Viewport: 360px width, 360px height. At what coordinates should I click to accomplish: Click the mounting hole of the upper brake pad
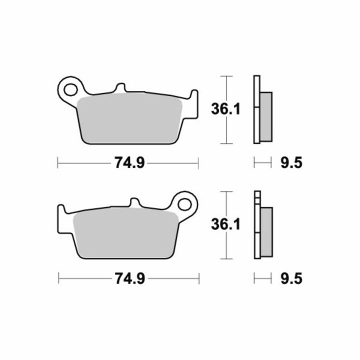[70, 90]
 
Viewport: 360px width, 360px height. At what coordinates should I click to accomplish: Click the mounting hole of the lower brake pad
[184, 204]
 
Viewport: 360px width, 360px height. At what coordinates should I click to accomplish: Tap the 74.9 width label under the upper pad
[129, 163]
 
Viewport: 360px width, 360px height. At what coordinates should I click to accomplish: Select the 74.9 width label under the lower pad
[130, 278]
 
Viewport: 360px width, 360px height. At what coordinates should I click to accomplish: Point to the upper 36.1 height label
[225, 109]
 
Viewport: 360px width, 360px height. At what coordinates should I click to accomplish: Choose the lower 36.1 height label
[225, 224]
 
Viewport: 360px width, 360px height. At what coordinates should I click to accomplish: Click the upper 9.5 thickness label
[291, 163]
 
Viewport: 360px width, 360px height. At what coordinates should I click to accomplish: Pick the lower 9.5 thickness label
[291, 278]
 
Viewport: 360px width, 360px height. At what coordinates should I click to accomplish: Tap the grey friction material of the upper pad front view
[129, 118]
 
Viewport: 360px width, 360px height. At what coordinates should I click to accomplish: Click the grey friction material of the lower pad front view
[126, 233]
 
